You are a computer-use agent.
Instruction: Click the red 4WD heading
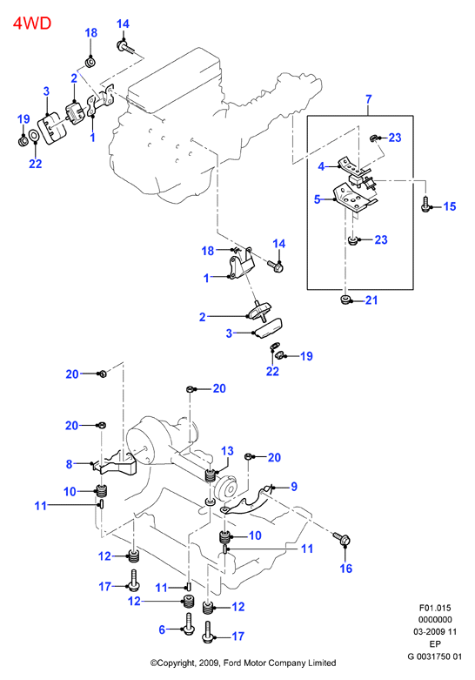[x=32, y=23]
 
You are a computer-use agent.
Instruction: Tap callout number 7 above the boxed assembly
[x=368, y=99]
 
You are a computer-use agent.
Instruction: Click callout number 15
[x=450, y=206]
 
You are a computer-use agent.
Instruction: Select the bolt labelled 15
[x=425, y=204]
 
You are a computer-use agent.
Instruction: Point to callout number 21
[x=371, y=300]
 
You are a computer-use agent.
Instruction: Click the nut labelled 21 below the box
[x=345, y=300]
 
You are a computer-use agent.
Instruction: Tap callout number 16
[x=346, y=568]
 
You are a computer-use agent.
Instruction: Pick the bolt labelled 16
[x=342, y=539]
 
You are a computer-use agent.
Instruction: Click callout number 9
[x=294, y=487]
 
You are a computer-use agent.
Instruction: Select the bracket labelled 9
[x=247, y=503]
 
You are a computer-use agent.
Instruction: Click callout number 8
[x=69, y=464]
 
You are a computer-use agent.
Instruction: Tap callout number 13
[x=227, y=451]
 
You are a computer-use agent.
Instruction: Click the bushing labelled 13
[x=211, y=475]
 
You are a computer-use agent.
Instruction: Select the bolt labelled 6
[x=189, y=624]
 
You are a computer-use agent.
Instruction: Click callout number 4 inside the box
[x=321, y=166]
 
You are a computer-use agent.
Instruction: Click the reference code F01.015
[x=435, y=608]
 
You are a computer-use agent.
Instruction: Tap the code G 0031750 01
[x=435, y=656]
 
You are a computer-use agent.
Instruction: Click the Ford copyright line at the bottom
[x=243, y=663]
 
